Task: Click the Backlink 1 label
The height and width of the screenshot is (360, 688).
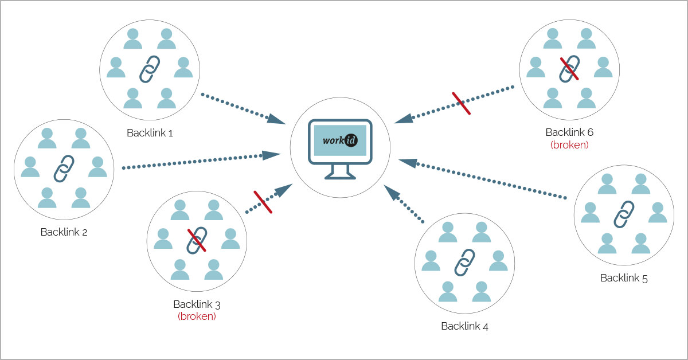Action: coord(150,133)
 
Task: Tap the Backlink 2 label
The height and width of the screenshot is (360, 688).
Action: coord(64,232)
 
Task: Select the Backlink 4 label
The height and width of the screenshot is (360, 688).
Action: coord(464,326)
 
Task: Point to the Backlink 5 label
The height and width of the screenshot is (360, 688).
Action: coord(624,278)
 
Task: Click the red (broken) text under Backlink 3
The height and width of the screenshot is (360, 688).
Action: coord(197,316)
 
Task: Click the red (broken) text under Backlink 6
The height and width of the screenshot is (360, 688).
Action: coord(569,144)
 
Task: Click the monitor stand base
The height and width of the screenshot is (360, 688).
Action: coord(340,175)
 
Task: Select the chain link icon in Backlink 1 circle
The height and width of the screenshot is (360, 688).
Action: coord(150,69)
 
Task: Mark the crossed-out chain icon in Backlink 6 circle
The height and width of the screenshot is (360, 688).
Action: coord(569,68)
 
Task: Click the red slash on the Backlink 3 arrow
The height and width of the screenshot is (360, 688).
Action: coord(263,202)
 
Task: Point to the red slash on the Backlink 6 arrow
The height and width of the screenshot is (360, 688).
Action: coord(462,103)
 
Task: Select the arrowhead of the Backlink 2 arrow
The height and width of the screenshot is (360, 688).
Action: coord(271,154)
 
